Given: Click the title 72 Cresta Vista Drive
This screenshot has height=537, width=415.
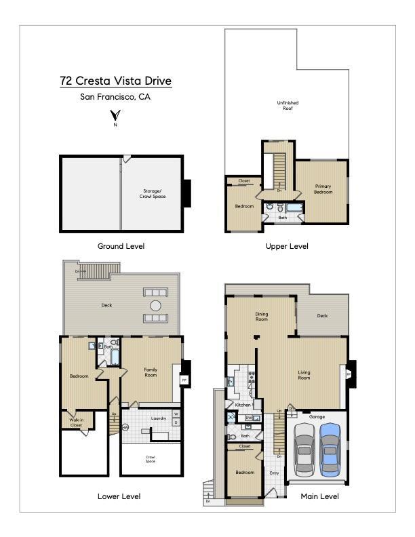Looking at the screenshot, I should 115,81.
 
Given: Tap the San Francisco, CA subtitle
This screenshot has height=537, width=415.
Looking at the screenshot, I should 115,97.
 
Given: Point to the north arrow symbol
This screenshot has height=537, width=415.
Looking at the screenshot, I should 115,115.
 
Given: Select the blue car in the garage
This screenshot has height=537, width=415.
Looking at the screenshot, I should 330,448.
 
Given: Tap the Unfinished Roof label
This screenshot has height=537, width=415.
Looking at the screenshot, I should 287,106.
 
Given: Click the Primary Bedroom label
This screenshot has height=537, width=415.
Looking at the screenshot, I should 323,188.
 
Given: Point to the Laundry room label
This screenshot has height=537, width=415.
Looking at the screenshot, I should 159,418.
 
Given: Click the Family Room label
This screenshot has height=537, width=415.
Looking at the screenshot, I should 151,372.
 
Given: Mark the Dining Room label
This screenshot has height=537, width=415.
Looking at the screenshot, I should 262,316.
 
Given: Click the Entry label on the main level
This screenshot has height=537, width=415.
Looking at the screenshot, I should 274,473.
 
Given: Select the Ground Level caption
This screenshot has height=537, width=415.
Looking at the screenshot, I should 121,246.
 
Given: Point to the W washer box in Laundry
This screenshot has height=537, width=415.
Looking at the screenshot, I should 176,414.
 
